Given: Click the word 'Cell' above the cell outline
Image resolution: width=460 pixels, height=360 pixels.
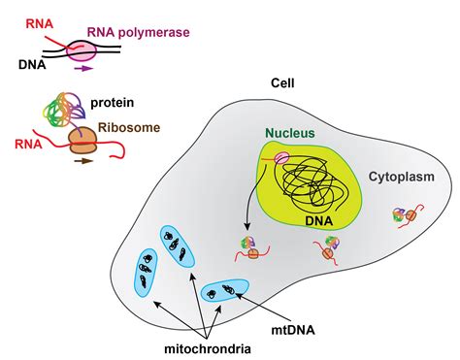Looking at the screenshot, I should point(283,83).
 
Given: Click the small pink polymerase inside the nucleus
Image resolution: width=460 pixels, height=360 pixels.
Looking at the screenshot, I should point(282,156).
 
